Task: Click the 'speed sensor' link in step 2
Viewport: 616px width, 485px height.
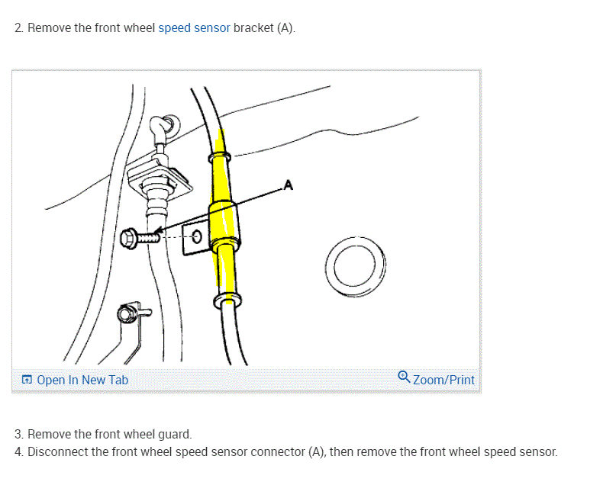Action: point(194,28)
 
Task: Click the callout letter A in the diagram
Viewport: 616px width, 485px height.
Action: point(288,185)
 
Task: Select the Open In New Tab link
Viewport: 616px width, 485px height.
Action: point(82,380)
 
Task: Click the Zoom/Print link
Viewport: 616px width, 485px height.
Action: point(443,380)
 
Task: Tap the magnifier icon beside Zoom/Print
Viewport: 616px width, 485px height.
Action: point(405,377)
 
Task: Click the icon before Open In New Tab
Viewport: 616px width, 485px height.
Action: point(27,380)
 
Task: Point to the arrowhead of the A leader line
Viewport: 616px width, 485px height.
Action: point(158,232)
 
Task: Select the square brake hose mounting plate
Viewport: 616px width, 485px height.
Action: point(158,177)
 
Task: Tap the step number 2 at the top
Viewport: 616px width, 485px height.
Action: point(19,28)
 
